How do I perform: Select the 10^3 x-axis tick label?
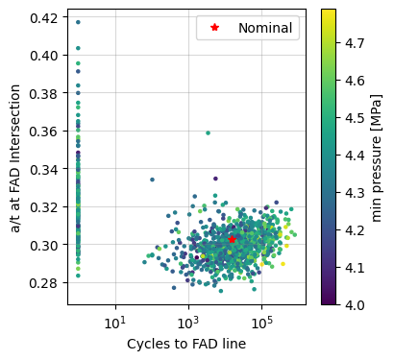coord(187,320)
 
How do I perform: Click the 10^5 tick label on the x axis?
coord(260,320)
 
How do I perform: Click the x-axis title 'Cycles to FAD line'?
coord(186,344)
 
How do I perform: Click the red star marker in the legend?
coord(214,29)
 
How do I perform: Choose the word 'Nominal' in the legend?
coord(264,29)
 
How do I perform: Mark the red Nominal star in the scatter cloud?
coord(232,238)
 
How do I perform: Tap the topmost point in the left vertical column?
coord(78,22)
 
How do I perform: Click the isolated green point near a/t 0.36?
coord(208,132)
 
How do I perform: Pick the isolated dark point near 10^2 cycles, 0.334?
coord(152,180)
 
